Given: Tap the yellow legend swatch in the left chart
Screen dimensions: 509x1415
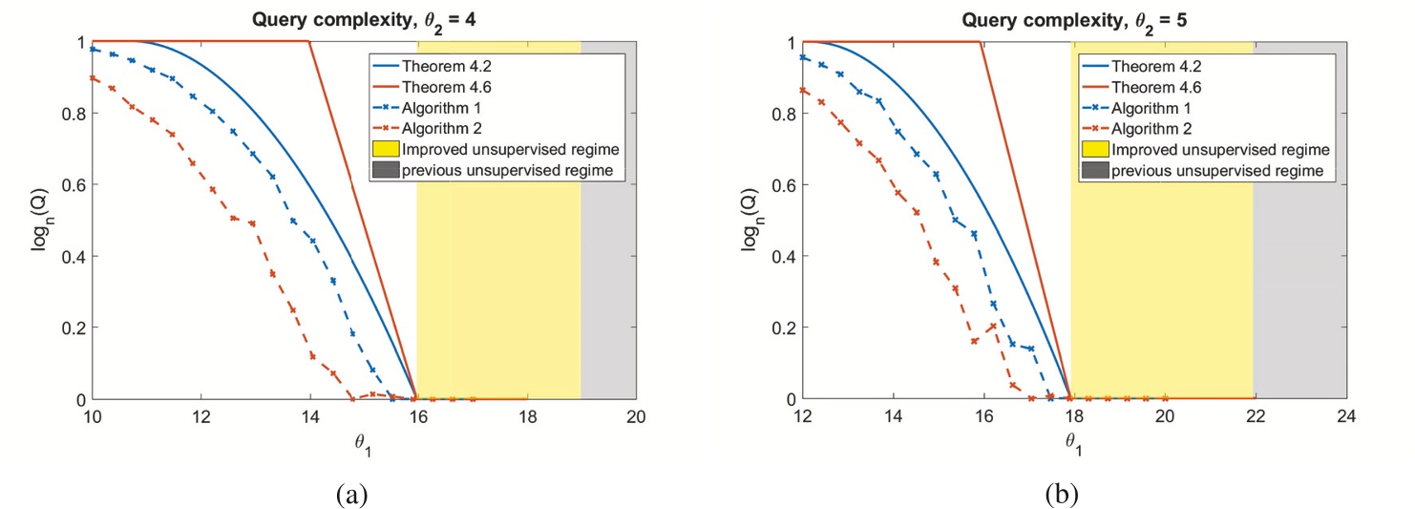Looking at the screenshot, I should tap(385, 149).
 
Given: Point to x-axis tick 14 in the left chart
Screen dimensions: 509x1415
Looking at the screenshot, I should tap(308, 418).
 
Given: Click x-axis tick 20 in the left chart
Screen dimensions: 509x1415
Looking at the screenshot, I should tap(636, 418).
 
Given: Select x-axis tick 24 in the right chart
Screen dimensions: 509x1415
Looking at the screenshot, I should tap(1346, 418).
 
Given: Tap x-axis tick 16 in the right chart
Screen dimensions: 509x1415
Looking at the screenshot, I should tap(982, 418).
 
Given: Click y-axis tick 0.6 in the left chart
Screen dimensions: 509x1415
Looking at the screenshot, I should tap(72, 184).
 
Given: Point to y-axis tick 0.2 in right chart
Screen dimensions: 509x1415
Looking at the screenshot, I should tap(783, 328).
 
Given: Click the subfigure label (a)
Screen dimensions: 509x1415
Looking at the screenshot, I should tap(351, 494).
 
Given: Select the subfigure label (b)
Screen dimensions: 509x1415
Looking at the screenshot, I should tap(1063, 494).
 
